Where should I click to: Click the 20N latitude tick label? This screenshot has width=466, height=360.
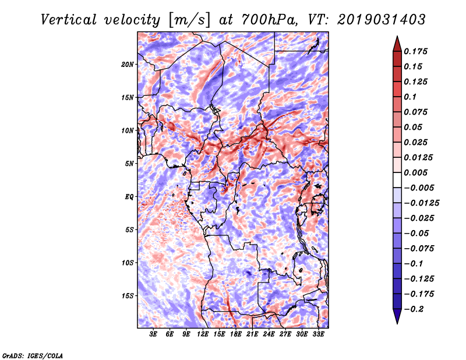pyautogui.click(x=128, y=64)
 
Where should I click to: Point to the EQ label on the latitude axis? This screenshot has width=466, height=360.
pyautogui.click(x=129, y=196)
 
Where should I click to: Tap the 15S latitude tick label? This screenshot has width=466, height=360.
pyautogui.click(x=128, y=295)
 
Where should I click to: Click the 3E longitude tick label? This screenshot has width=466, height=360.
pyautogui.click(x=154, y=334)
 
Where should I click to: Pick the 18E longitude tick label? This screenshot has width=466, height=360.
pyautogui.click(x=236, y=334)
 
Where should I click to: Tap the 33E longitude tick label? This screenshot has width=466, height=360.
pyautogui.click(x=318, y=334)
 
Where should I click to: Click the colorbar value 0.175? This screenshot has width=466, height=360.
pyautogui.click(x=417, y=51)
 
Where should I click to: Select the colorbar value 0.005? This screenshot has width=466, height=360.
pyautogui.click(x=417, y=172)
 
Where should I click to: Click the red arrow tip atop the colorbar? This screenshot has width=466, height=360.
pyautogui.click(x=396, y=40)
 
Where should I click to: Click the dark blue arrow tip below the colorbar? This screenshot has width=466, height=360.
pyautogui.click(x=396, y=319)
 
